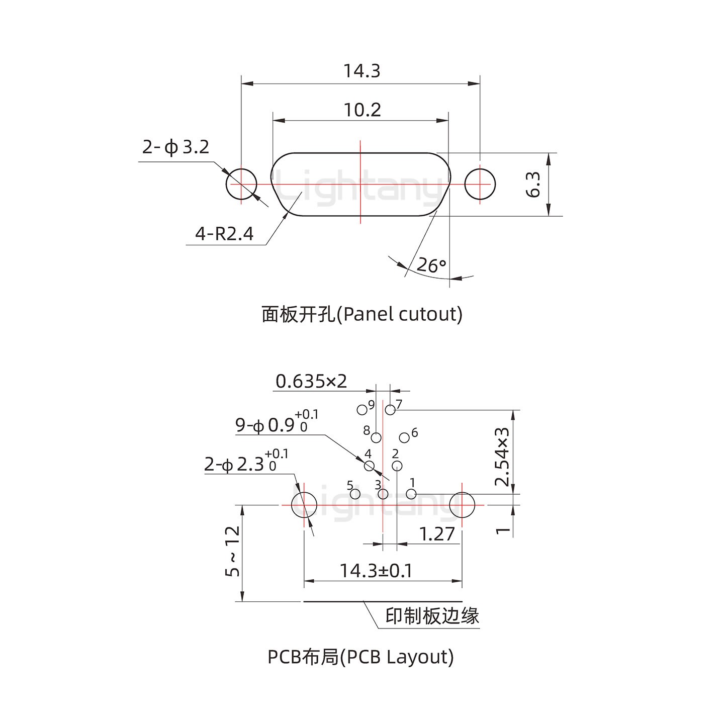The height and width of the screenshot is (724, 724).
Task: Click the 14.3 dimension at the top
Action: (x=361, y=71)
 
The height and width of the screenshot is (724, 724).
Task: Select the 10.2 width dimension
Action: (x=362, y=110)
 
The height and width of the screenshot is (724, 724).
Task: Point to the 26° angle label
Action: (x=431, y=265)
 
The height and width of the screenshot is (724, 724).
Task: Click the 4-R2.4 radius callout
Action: (x=224, y=234)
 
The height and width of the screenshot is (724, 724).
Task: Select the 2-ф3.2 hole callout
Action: (x=175, y=147)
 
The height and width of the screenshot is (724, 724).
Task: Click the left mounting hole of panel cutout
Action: (x=241, y=184)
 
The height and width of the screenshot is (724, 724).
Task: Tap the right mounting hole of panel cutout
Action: (x=480, y=184)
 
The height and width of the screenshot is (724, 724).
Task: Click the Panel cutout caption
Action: (x=361, y=314)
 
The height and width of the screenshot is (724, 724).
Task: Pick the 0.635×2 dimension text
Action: (x=311, y=381)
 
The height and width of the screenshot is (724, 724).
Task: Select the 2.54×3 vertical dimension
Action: (x=502, y=457)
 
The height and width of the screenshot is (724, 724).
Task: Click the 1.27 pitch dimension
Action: (x=436, y=534)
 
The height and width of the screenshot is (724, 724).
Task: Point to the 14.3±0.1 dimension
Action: (x=376, y=571)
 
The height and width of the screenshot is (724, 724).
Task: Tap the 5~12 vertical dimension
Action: (x=233, y=551)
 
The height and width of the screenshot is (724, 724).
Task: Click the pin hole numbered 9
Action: (x=361, y=410)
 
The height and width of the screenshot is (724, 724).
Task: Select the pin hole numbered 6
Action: (x=404, y=437)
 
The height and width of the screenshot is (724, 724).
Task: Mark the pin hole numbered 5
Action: (x=355, y=494)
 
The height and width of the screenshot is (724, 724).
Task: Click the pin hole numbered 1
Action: (x=411, y=494)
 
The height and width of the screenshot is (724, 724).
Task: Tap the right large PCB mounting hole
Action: (x=462, y=505)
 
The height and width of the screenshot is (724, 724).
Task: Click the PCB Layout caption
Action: (x=360, y=657)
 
